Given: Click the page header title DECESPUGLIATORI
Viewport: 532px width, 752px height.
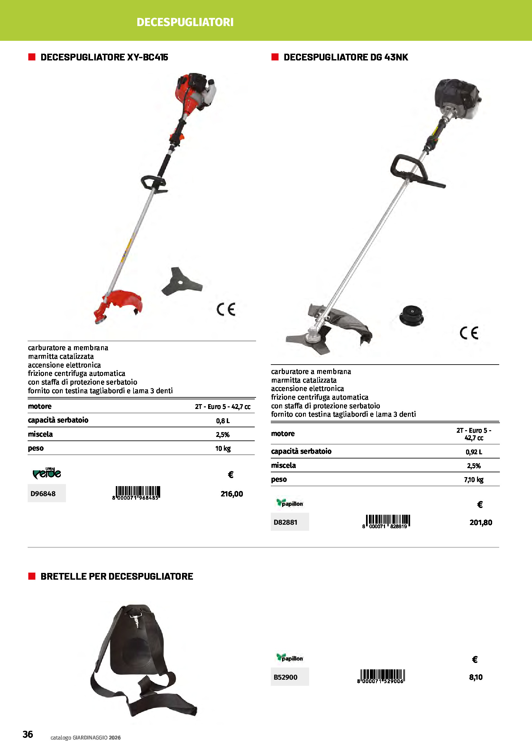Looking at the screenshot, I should coord(185,22).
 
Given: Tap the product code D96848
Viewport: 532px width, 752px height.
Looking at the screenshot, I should coord(43,494).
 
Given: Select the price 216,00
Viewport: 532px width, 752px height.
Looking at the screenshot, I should coord(232,494).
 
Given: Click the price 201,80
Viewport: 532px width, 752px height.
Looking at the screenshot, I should coord(481,522).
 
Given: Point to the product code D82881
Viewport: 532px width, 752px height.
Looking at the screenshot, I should coord(285,522).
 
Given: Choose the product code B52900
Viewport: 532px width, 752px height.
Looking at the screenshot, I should coord(285,677).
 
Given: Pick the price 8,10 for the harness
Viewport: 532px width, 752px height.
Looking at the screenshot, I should coord(476,677).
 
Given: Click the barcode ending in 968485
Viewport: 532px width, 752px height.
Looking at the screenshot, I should coord(136,492).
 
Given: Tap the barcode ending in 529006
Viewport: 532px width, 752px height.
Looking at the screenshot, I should coord(381,676).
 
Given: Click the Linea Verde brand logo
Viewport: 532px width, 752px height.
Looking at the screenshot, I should coord(47,473).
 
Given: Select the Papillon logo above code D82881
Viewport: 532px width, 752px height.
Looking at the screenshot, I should coord(289,503).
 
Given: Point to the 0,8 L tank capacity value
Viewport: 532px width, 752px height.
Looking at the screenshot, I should coord(223,421).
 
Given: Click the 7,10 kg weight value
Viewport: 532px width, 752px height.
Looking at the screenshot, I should coord(474,480).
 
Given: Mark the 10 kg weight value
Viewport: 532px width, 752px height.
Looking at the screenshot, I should coord(223,448).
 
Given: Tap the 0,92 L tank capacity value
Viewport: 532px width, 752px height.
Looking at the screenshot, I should coord(474,452).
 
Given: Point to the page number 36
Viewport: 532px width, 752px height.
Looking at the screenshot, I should coord(28,734).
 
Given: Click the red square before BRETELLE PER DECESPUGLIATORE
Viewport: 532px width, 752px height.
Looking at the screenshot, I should coord(32,576).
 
